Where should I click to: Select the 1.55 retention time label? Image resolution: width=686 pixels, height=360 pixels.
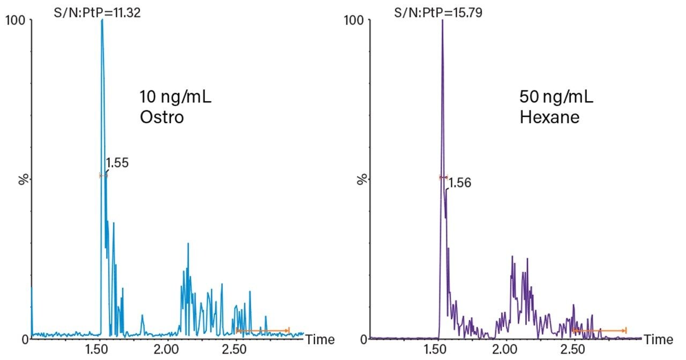coord(117,163)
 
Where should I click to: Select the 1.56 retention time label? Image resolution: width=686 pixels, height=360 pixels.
coord(460,183)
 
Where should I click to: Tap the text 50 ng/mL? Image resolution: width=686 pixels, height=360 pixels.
coord(556,98)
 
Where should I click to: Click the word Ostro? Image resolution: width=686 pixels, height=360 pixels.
coord(161,117)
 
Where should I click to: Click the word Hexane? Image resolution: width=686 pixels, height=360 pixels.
coord(549,117)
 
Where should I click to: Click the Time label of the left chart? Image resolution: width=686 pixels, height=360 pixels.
coord(320,340)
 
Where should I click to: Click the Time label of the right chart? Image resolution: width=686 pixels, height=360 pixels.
coord(658,340)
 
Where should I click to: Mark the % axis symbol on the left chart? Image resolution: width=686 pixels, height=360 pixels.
coord(23,179)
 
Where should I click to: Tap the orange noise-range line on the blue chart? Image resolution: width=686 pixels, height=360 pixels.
coord(263,331)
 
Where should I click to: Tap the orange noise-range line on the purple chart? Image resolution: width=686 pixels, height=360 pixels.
coord(599,331)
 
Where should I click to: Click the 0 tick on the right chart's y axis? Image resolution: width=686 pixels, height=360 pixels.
coord(363,339)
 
